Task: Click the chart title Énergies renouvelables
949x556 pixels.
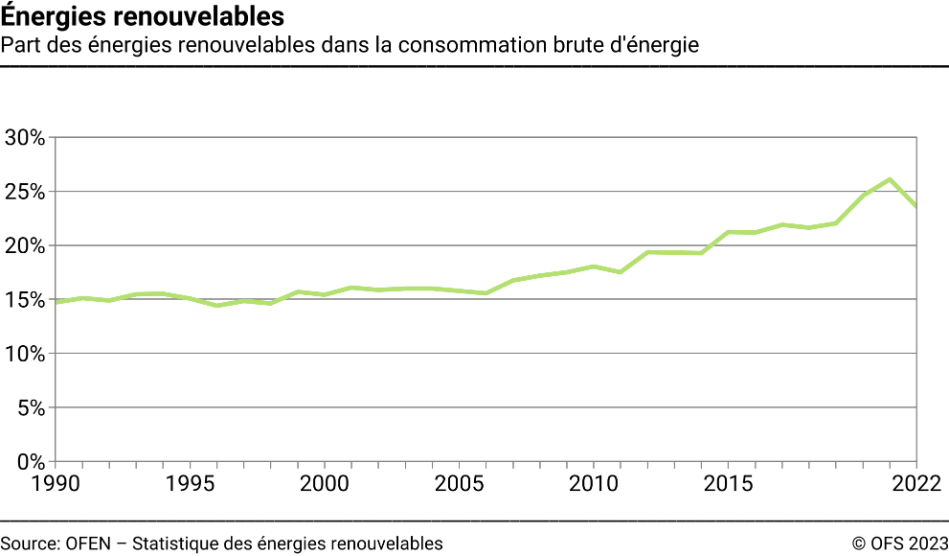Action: (143, 16)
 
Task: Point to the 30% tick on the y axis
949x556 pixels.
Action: (25, 138)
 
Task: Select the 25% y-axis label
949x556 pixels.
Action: (25, 192)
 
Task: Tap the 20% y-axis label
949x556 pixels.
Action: (25, 245)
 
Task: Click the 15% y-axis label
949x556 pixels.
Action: (25, 300)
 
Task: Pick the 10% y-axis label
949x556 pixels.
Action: (25, 354)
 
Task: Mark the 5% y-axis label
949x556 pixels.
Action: (30, 407)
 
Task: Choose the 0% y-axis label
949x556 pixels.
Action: (30, 462)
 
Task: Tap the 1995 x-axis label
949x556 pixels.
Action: (189, 481)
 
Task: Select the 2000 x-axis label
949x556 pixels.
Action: (324, 481)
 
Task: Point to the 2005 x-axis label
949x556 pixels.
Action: (459, 481)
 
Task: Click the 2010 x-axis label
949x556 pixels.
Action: (594, 481)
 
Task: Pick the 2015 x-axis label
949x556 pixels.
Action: (729, 481)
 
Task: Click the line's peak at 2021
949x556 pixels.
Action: (891, 179)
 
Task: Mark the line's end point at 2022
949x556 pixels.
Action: (916, 206)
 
